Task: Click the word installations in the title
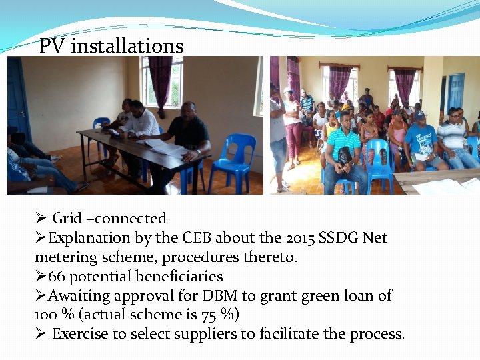tap(127, 46)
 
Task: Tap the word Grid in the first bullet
tap(67, 219)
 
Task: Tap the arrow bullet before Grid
tap(40, 219)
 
